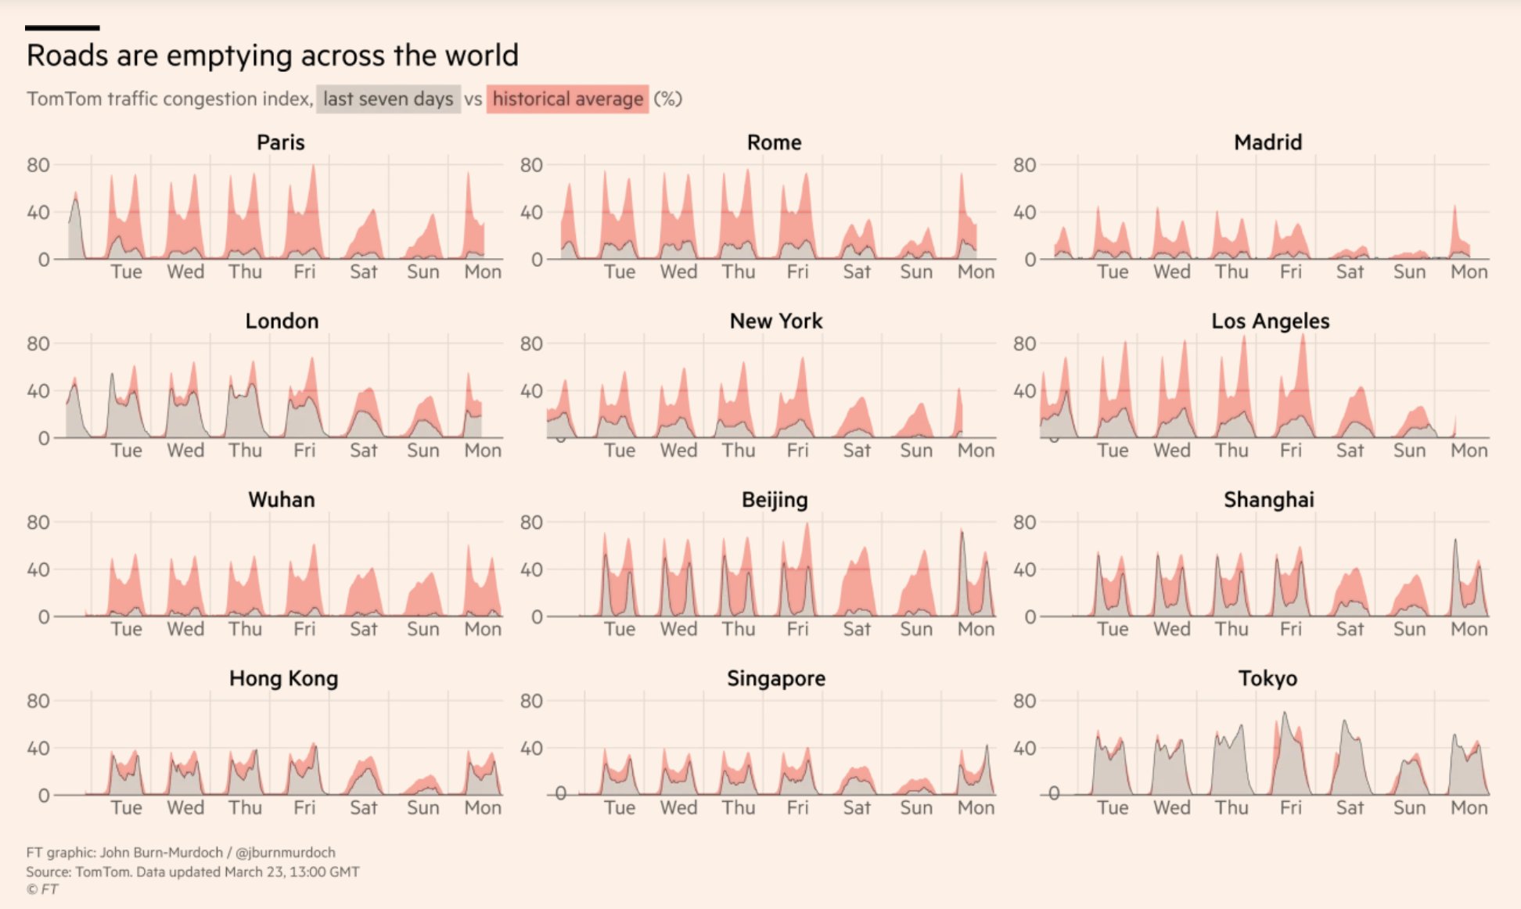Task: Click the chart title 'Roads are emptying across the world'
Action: click(x=272, y=56)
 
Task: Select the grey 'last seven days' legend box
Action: click(x=388, y=99)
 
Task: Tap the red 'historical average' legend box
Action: click(x=567, y=99)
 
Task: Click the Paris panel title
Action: click(x=281, y=142)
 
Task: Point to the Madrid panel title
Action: click(x=1267, y=142)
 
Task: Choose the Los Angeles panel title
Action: click(x=1270, y=321)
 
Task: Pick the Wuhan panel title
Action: click(x=282, y=499)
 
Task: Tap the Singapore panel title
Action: click(x=775, y=678)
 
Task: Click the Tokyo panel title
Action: click(x=1267, y=678)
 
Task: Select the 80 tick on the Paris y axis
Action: click(x=38, y=165)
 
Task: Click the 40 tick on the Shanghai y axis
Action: click(x=1024, y=569)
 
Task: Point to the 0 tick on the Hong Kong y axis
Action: click(x=44, y=796)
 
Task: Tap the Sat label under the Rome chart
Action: click(x=857, y=272)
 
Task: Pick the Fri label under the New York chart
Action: click(x=797, y=451)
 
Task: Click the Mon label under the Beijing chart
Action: click(x=976, y=630)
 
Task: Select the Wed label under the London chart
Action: click(x=185, y=451)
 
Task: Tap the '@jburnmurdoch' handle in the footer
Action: click(x=286, y=853)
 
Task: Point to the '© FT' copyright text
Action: click(x=42, y=889)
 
